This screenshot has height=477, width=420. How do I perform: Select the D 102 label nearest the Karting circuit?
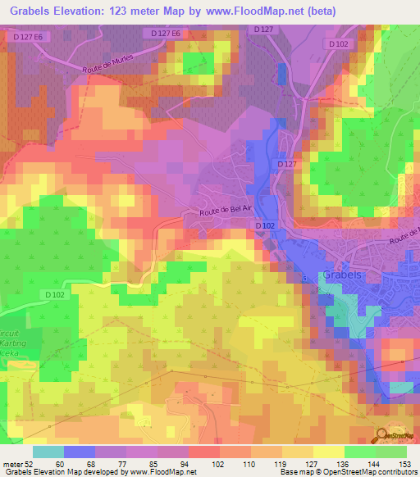coord(55,294)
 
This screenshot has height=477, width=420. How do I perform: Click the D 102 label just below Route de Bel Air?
coord(263,225)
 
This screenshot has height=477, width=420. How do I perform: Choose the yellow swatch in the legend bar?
coord(327,452)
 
